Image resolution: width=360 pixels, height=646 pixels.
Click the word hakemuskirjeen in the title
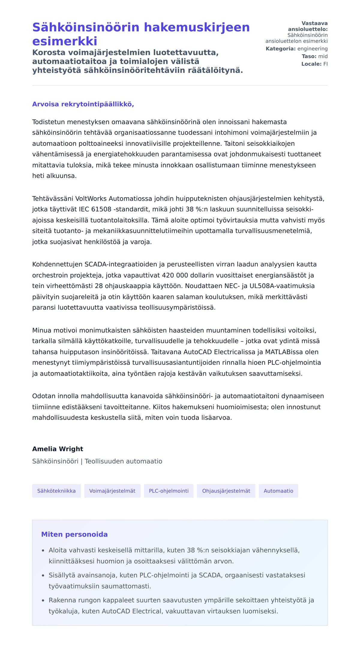point(196,27)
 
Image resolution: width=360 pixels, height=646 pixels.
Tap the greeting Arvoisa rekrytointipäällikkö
point(83,104)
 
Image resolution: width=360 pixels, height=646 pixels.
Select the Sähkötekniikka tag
point(56,491)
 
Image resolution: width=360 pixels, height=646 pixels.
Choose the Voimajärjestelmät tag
point(112,491)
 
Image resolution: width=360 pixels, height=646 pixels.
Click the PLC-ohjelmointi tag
point(169,491)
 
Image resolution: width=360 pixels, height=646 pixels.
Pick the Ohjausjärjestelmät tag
point(226,491)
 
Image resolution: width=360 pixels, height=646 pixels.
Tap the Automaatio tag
point(278,491)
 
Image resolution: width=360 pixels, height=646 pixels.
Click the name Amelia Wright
point(58,449)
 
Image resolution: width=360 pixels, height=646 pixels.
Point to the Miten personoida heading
point(74,534)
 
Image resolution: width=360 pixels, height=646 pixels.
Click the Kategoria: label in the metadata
point(280,49)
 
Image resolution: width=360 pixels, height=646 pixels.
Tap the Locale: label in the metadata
point(311,64)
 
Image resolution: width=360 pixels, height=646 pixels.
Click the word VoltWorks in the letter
point(91,199)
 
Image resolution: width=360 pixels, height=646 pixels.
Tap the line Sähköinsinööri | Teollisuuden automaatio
point(97,461)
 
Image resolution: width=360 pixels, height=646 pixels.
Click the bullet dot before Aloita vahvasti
point(43,551)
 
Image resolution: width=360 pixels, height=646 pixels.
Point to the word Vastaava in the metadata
point(314,23)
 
